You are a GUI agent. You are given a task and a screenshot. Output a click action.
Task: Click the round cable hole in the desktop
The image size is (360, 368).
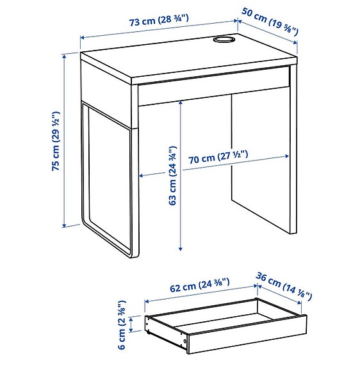click(224, 42)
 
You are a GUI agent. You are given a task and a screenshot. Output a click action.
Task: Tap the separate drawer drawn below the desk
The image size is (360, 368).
click(224, 323)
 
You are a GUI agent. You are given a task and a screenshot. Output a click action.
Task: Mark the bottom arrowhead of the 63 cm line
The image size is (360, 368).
click(181, 249)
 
